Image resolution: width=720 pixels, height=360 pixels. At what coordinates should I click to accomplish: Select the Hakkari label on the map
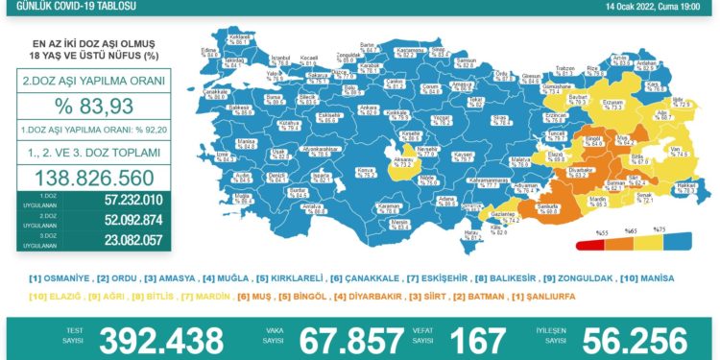click(684, 188)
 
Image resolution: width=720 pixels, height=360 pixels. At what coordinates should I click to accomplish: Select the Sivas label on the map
click(497, 121)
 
